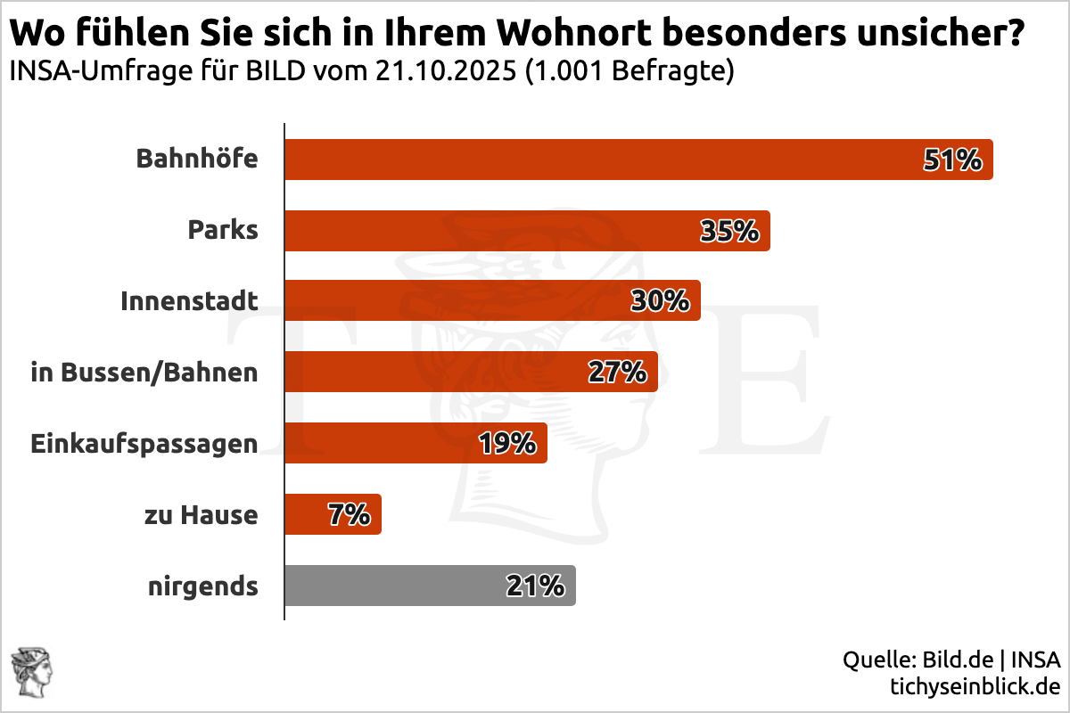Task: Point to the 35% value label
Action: click(x=729, y=232)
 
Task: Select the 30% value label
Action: click(x=660, y=302)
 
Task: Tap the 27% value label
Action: click(x=617, y=373)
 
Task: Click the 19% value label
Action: click(x=506, y=443)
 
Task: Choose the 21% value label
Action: click(x=535, y=586)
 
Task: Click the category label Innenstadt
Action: click(x=189, y=301)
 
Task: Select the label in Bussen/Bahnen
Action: click(x=144, y=373)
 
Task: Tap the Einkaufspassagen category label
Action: click(x=144, y=443)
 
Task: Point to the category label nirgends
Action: click(x=203, y=586)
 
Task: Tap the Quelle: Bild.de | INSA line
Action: click(x=951, y=660)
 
